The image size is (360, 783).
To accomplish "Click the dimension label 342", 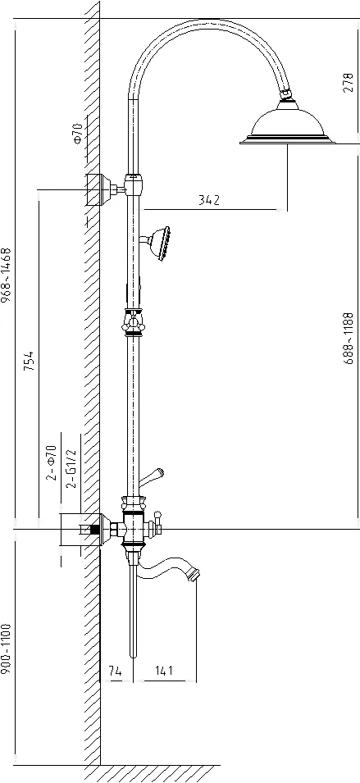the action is [209, 200].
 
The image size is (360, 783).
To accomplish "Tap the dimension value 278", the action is [348, 83].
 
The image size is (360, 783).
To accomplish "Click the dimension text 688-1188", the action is [349, 338].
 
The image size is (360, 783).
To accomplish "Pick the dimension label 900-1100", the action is [6, 649].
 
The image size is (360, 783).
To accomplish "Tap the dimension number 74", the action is [115, 671].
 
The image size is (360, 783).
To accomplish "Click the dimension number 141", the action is [163, 670].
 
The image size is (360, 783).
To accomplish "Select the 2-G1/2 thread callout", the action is [72, 468].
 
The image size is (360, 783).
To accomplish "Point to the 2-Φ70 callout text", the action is [51, 463].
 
